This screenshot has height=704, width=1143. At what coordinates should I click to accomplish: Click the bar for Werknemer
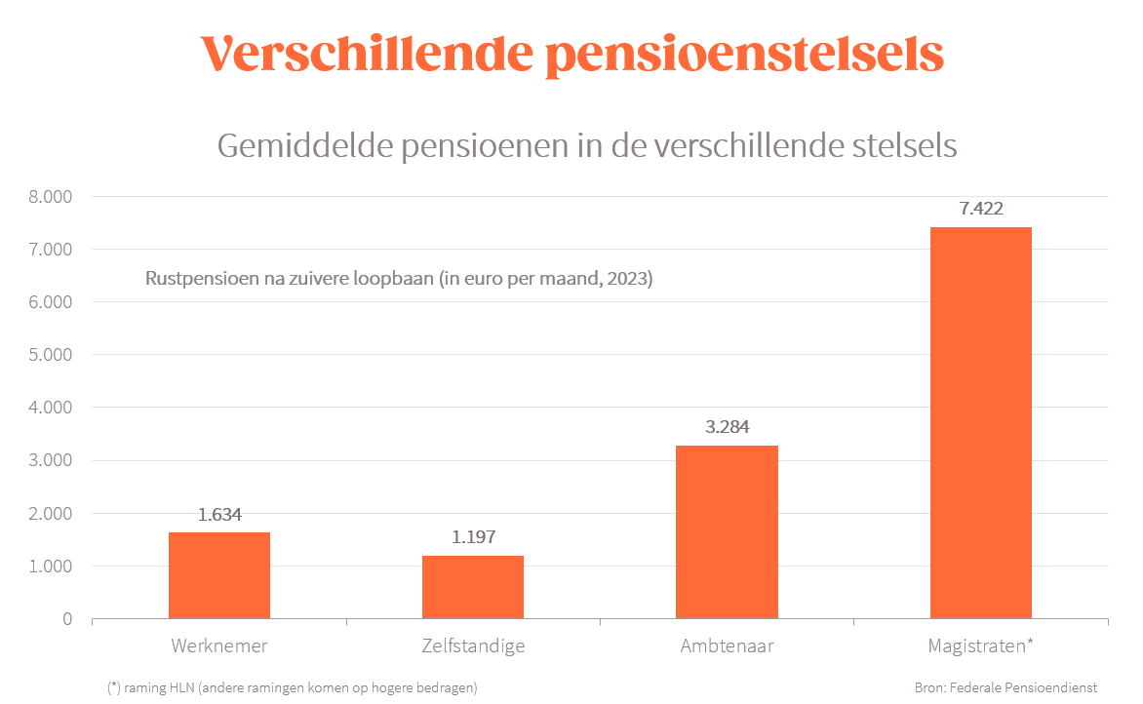tap(219, 575)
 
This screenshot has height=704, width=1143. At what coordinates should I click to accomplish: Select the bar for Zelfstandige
tap(473, 587)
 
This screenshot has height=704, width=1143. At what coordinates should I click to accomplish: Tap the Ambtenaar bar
tap(727, 532)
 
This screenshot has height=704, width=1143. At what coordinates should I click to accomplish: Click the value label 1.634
tap(219, 515)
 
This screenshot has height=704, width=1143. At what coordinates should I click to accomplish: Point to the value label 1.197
tap(473, 537)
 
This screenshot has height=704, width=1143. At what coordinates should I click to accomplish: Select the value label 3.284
tap(727, 427)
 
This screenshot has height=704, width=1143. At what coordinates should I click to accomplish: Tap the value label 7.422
tap(980, 209)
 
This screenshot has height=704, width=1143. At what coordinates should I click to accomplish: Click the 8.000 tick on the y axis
tap(51, 197)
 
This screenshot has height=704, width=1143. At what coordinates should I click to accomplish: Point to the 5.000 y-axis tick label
tap(51, 355)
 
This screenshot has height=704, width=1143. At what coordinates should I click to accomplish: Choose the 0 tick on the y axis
tap(67, 619)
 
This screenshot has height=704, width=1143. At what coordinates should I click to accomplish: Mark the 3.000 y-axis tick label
tap(51, 460)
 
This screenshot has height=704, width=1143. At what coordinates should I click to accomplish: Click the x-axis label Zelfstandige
tap(473, 645)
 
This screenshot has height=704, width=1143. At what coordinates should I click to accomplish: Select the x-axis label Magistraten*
tap(980, 645)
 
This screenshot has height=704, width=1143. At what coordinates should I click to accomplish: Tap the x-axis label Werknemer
tap(219, 645)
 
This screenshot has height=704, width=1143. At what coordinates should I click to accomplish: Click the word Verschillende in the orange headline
tap(367, 55)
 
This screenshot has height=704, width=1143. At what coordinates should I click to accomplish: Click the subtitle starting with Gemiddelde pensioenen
tap(586, 146)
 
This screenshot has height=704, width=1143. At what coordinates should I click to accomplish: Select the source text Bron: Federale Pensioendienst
tap(1005, 687)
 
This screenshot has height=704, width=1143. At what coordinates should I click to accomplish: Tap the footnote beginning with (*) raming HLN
tap(292, 687)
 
